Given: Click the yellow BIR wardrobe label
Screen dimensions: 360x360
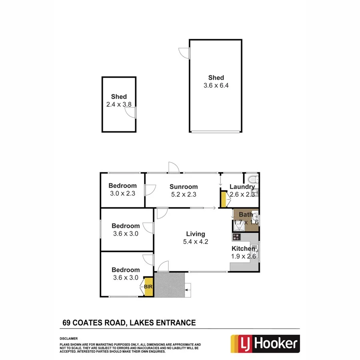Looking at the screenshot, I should [x=148, y=287].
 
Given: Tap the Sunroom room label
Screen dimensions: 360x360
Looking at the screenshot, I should [x=184, y=187].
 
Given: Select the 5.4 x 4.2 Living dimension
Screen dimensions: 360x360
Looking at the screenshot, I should [x=196, y=242].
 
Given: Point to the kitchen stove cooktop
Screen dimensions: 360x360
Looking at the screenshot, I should [x=236, y=237].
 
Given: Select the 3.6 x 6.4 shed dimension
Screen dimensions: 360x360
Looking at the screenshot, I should [x=216, y=85].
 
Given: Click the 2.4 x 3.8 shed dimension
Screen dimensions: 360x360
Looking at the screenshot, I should [x=119, y=104].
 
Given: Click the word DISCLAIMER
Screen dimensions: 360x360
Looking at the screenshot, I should [x=68, y=338].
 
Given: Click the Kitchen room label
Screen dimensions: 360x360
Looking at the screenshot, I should [x=244, y=249].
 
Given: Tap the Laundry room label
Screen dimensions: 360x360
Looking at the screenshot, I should [x=242, y=187].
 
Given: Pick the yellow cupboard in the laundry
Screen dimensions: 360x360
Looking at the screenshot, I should [x=223, y=199].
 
